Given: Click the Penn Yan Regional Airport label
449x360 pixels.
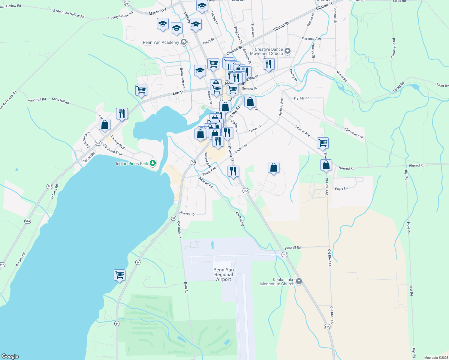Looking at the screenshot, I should (x=224, y=274).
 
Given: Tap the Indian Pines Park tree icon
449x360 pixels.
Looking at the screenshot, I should (x=153, y=163).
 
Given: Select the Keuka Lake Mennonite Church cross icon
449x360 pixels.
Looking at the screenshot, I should (x=299, y=281).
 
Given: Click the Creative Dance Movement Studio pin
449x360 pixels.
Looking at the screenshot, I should (x=288, y=51).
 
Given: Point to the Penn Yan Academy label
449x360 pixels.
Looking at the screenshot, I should (x=161, y=42).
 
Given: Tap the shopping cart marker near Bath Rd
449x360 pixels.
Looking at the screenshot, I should (x=119, y=275).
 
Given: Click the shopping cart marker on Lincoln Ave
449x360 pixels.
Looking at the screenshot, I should (x=323, y=143).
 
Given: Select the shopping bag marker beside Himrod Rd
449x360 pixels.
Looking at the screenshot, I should (x=326, y=165).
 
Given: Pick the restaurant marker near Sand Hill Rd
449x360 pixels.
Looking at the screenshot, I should (x=122, y=113).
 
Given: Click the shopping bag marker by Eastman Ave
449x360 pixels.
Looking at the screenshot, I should (x=104, y=124).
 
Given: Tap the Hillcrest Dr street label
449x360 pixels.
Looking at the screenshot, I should (x=188, y=214).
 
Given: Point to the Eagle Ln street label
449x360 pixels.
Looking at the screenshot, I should (x=341, y=189).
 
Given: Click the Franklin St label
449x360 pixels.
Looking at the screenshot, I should (x=301, y=98).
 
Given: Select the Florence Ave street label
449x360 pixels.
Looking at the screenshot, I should (x=311, y=39).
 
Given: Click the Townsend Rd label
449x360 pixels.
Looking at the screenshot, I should (x=394, y=48).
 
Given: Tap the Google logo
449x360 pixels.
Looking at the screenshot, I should (x=10, y=356).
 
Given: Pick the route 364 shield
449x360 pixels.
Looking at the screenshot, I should (x=127, y=4).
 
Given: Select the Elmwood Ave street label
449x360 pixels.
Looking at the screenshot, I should (x=354, y=133).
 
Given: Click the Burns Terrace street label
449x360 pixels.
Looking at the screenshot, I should (x=182, y=78).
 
